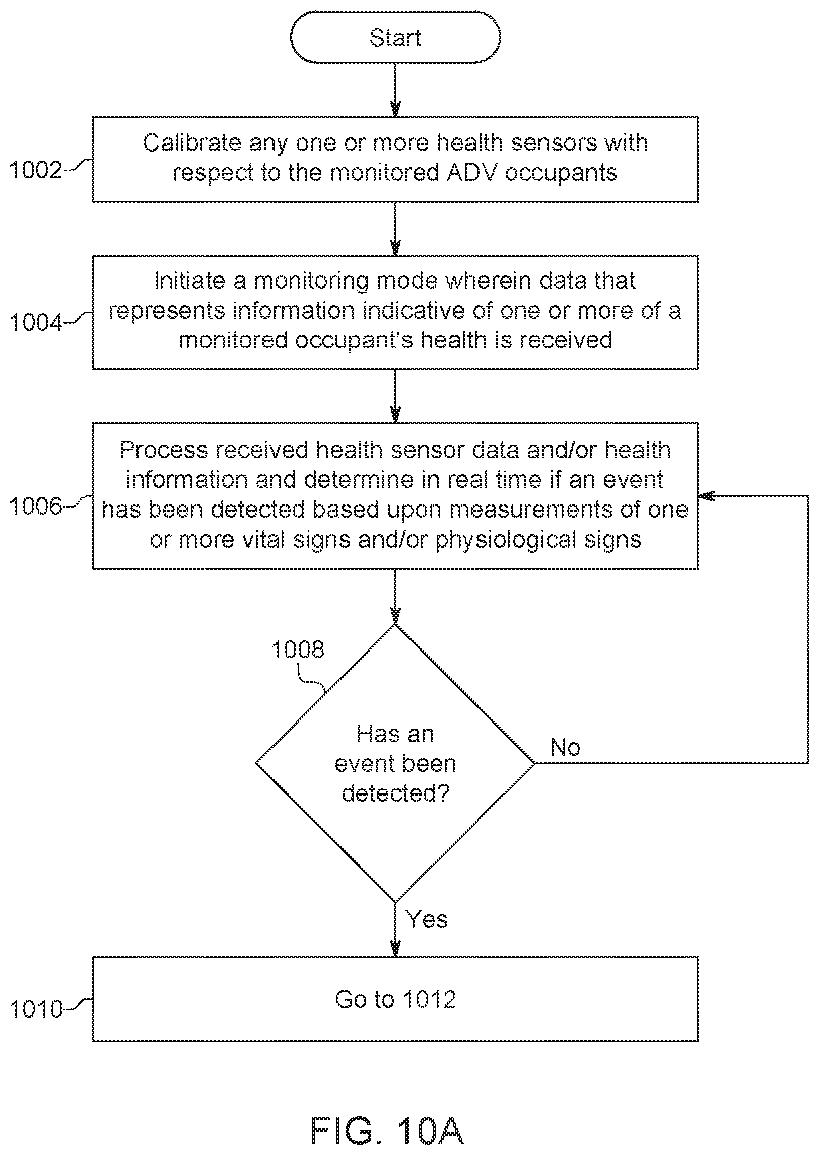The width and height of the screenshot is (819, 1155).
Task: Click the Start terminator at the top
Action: pyautogui.click(x=395, y=37)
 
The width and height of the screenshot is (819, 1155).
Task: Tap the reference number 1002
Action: pyautogui.click(x=36, y=170)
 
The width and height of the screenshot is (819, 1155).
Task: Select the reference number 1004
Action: pyautogui.click(x=36, y=322)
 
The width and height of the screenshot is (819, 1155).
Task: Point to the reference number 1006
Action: pyautogui.click(x=36, y=506)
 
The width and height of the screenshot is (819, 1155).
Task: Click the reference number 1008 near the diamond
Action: pyautogui.click(x=298, y=649)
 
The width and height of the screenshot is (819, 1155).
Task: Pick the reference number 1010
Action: pyautogui.click(x=36, y=1009)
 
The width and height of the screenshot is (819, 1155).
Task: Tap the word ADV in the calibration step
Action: pyautogui.click(x=471, y=172)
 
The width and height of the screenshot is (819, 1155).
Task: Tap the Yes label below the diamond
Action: pyautogui.click(x=427, y=919)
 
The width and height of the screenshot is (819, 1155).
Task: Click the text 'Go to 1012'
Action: pyautogui.click(x=395, y=999)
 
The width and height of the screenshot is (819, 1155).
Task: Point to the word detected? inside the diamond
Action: pyautogui.click(x=395, y=793)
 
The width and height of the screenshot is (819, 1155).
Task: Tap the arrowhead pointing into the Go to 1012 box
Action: pyautogui.click(x=395, y=949)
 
